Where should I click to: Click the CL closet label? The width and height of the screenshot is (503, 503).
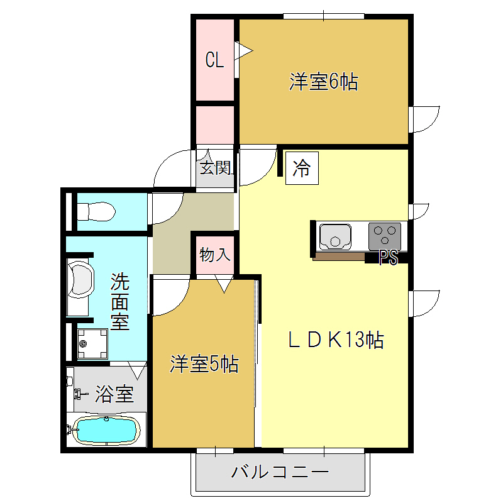[215, 60]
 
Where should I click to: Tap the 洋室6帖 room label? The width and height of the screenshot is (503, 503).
[324, 82]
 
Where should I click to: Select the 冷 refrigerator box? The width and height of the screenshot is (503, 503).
[302, 169]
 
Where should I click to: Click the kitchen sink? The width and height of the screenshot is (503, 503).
[336, 236]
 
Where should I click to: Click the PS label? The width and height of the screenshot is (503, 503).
[388, 258]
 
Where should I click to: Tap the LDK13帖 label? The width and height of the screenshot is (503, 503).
[336, 340]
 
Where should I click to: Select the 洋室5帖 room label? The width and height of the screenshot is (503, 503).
[204, 364]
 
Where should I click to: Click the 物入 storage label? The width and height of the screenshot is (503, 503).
[215, 255]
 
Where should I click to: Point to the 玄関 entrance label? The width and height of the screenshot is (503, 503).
[215, 168]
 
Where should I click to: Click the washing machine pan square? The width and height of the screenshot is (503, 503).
[92, 343]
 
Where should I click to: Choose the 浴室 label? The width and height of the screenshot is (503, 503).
[114, 395]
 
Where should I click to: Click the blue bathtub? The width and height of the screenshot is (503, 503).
[106, 431]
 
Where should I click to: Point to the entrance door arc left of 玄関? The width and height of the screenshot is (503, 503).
[173, 169]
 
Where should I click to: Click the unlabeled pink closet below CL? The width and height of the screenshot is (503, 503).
[215, 124]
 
